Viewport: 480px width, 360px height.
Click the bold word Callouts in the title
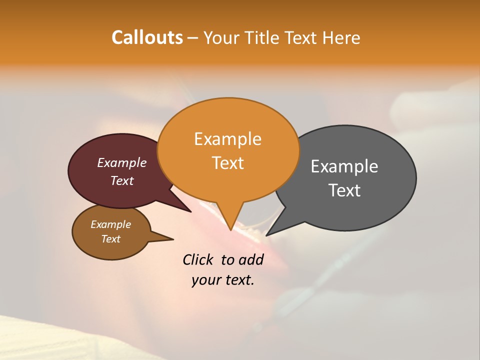147,37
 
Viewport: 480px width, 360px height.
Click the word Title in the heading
262,37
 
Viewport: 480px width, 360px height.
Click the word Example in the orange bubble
227,139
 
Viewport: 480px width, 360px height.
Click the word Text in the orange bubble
228,163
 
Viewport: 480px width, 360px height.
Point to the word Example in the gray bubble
344,166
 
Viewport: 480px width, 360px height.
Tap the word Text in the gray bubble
344,190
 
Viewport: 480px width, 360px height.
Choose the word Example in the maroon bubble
121,162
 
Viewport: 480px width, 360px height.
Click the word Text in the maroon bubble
122,180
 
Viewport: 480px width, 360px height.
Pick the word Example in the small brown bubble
110,224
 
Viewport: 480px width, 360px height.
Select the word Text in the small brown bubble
110,239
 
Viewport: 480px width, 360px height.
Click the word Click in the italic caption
197,259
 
